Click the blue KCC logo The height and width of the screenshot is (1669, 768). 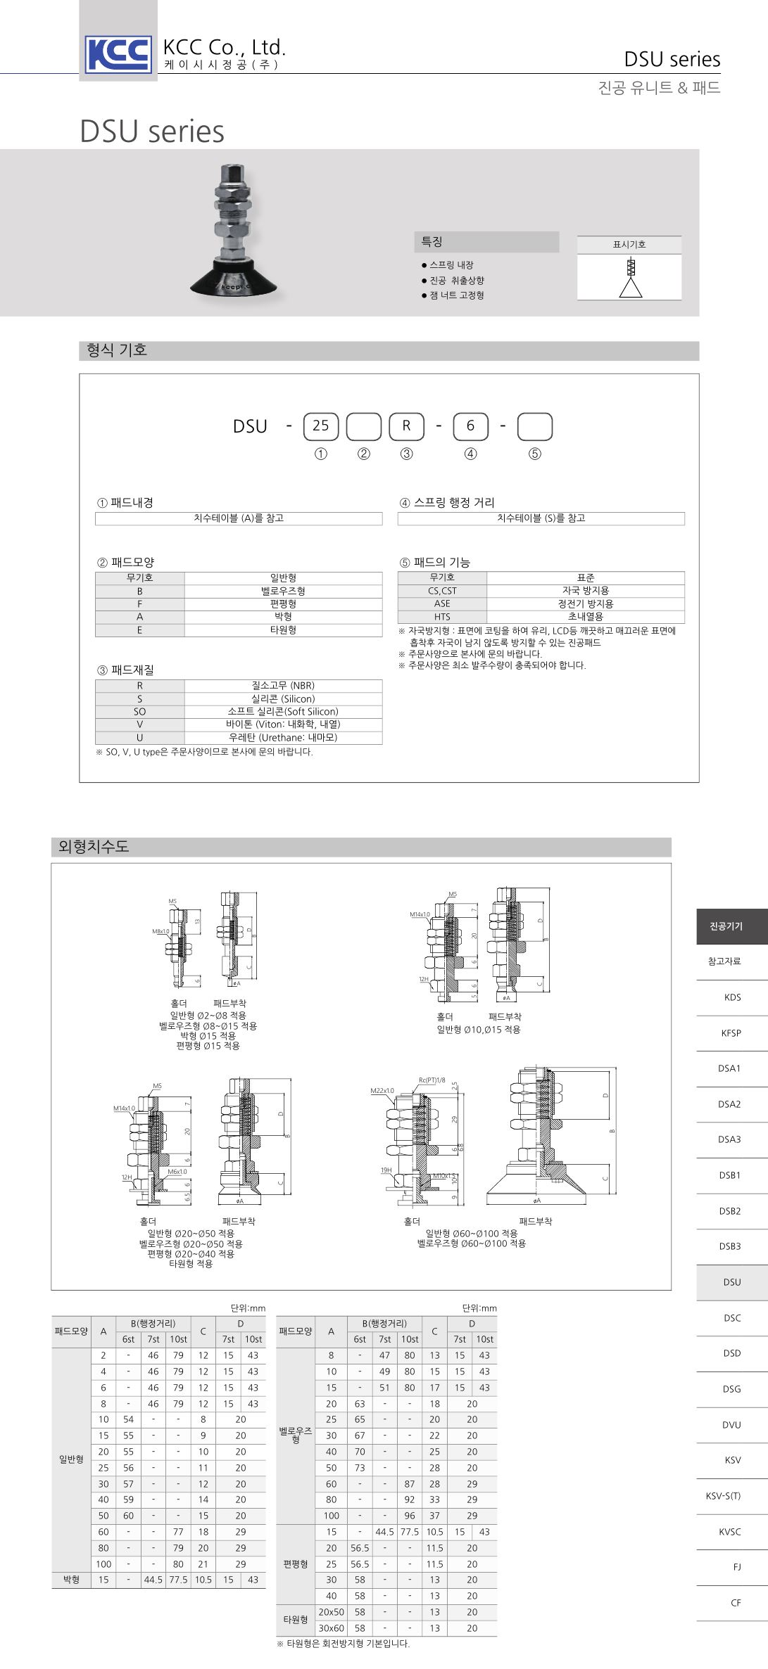(118, 54)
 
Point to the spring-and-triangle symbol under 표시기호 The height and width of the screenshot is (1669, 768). (630, 278)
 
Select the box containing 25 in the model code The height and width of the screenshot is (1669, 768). (320, 426)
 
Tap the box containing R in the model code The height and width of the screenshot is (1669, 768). (406, 426)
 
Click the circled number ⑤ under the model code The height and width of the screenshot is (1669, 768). (535, 454)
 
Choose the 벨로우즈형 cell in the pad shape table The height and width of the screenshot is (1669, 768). (283, 591)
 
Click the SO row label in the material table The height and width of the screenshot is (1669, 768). (139, 712)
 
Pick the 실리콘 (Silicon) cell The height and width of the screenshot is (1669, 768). (283, 698)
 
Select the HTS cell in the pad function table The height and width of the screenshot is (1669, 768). (442, 616)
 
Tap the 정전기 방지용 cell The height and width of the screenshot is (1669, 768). (586, 603)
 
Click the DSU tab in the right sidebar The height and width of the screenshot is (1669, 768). (731, 1282)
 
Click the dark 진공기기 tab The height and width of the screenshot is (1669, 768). (726, 926)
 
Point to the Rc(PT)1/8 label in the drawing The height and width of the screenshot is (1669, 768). (432, 1080)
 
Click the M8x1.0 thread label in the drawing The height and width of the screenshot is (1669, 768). (160, 931)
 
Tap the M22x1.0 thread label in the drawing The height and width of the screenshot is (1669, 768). (382, 1091)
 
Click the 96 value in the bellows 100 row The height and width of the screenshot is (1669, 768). (410, 1516)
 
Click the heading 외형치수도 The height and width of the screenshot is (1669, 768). (94, 847)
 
